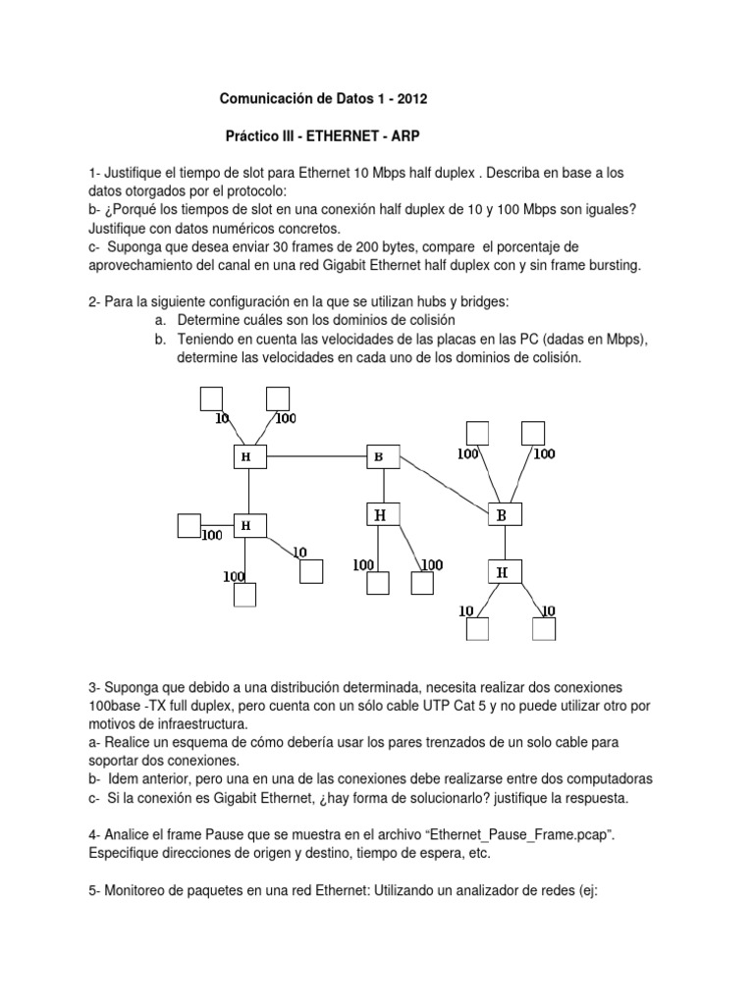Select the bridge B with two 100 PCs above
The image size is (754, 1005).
click(x=502, y=513)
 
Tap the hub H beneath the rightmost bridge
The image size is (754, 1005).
click(x=502, y=571)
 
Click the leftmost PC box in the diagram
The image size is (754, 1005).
click(x=188, y=526)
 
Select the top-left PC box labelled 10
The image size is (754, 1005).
click(x=211, y=397)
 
